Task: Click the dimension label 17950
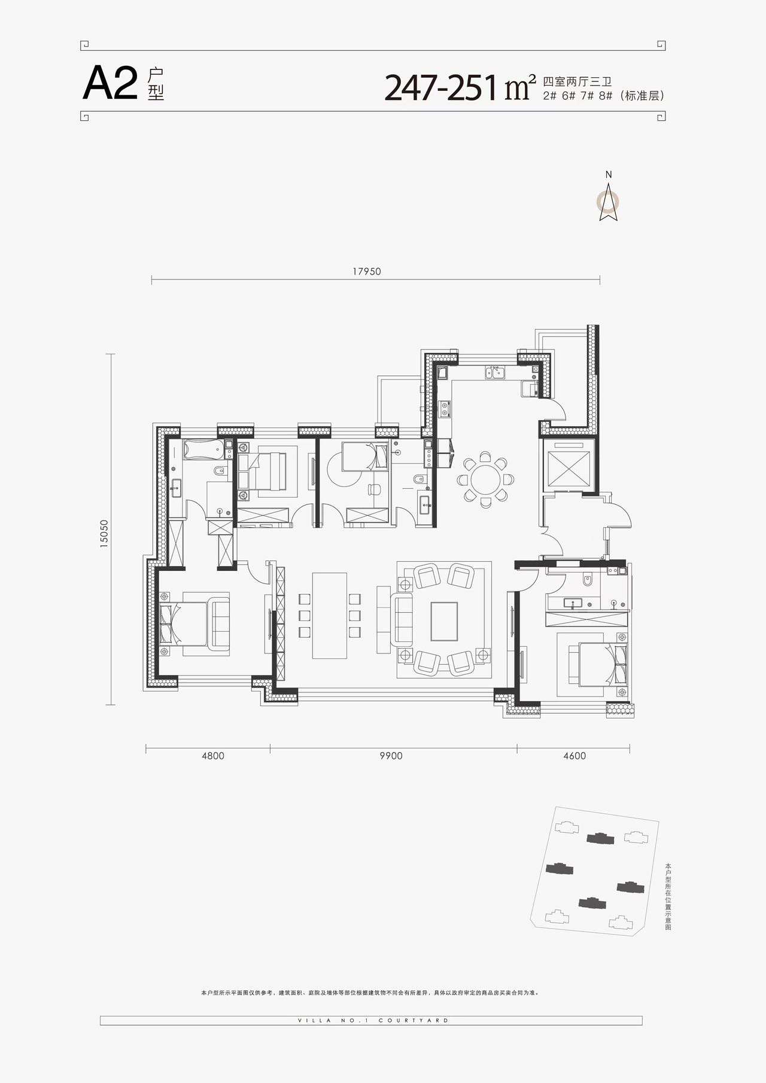[x=367, y=271]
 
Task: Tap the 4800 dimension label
[x=213, y=756]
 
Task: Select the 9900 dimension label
[x=391, y=756]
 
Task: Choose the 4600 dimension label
[x=574, y=756]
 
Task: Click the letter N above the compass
[x=609, y=175]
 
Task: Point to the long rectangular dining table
[x=330, y=616]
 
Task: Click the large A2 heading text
[x=111, y=84]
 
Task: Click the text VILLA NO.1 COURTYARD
[x=372, y=1020]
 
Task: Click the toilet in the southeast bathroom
[x=586, y=580]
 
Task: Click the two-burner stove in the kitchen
[x=445, y=410]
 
